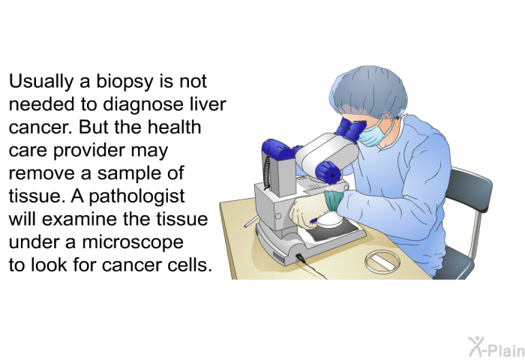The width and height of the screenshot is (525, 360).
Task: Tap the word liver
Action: [208, 103]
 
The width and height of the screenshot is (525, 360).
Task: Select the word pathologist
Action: [137, 197]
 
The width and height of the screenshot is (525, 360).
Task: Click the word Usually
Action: [40, 82]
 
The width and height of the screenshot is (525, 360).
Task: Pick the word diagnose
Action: [143, 105]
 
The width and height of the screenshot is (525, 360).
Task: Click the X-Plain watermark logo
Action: [496, 346]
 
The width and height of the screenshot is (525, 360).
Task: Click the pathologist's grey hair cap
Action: [369, 91]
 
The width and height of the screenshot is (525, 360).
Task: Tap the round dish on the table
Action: [382, 262]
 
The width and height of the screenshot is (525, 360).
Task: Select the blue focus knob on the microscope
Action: [328, 172]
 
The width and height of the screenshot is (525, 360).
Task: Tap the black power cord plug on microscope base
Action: [300, 257]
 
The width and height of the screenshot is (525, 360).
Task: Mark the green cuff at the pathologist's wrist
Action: [333, 201]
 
